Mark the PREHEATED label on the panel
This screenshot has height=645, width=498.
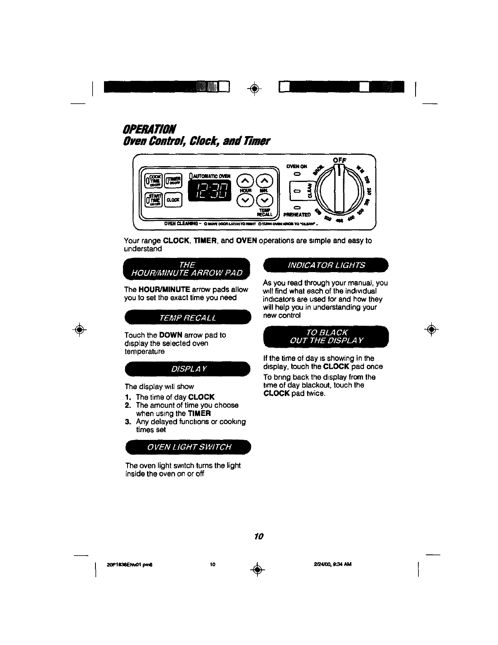pyautogui.click(x=297, y=214)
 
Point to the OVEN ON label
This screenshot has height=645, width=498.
pyautogui.click(x=297, y=166)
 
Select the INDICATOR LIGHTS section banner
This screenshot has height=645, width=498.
pyautogui.click(x=326, y=266)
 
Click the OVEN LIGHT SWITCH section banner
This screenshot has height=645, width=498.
pyautogui.click(x=188, y=447)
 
